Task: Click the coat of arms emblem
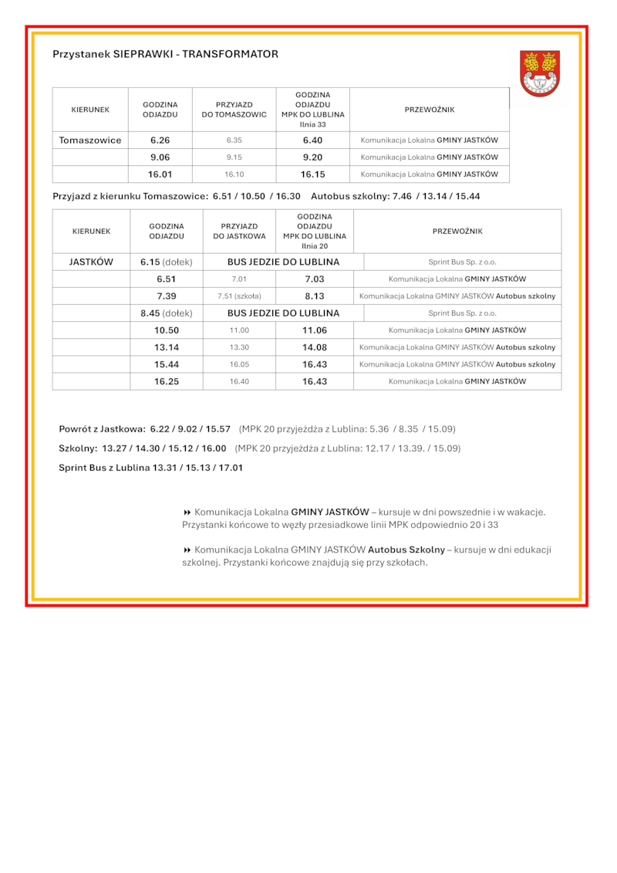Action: coord(539,73)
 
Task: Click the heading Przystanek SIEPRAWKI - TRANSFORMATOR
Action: coord(165,55)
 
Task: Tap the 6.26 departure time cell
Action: coord(160,140)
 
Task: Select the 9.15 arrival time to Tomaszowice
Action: coord(234,157)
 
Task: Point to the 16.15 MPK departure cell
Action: coord(312,174)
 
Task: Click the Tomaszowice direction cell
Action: coord(90,140)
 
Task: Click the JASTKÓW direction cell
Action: coord(91,262)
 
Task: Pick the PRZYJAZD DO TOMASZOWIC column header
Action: coord(234,110)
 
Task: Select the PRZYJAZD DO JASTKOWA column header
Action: coord(239,231)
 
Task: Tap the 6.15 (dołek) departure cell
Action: coord(167,262)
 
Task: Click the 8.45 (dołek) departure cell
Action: coord(167,313)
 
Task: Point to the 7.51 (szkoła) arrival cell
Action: coord(239,296)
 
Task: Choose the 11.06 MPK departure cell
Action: coord(315,330)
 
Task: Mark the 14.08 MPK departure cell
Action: coord(315,347)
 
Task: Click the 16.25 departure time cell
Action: coord(167,381)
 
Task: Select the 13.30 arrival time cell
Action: coord(239,347)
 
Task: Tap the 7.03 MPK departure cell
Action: coord(315,279)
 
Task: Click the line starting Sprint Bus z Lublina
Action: coord(150,468)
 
